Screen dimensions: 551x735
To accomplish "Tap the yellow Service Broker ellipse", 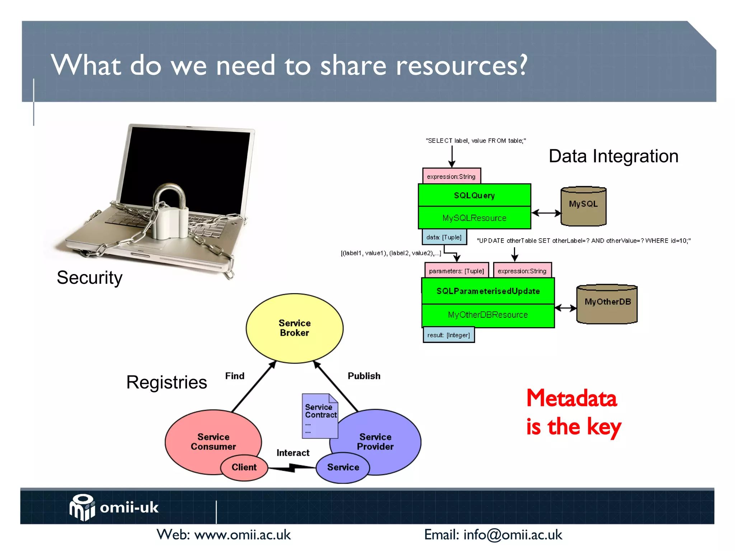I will pyautogui.click(x=294, y=328).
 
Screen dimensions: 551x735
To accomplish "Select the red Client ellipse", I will pyautogui.click(x=244, y=467).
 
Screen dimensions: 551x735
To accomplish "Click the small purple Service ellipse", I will pyautogui.click(x=343, y=467).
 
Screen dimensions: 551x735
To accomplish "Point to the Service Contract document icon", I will pyautogui.click(x=320, y=416).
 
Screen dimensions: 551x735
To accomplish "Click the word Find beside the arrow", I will pyautogui.click(x=235, y=376).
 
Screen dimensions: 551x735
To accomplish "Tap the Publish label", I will pyautogui.click(x=364, y=376).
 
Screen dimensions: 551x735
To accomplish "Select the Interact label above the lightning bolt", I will pyautogui.click(x=293, y=453).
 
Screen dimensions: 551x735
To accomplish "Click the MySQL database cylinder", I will pyautogui.click(x=583, y=206).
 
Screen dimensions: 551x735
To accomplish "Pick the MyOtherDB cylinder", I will pyautogui.click(x=607, y=304).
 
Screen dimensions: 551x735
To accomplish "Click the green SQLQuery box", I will pyautogui.click(x=474, y=196).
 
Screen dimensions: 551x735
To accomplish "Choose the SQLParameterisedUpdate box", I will pyautogui.click(x=488, y=291).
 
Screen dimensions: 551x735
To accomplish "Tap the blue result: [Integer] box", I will pyautogui.click(x=449, y=335).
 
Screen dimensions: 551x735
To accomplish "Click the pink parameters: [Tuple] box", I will pyautogui.click(x=456, y=271).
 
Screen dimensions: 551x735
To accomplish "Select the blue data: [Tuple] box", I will pyautogui.click(x=444, y=237).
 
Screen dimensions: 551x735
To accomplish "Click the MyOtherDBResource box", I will pyautogui.click(x=488, y=315).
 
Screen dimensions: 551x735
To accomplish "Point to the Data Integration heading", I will pyautogui.click(x=613, y=156).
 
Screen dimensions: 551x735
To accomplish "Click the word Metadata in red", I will pyautogui.click(x=571, y=398).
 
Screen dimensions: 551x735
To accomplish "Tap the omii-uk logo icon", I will pyautogui.click(x=82, y=507).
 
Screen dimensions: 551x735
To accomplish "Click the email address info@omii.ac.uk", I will pyautogui.click(x=512, y=535).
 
